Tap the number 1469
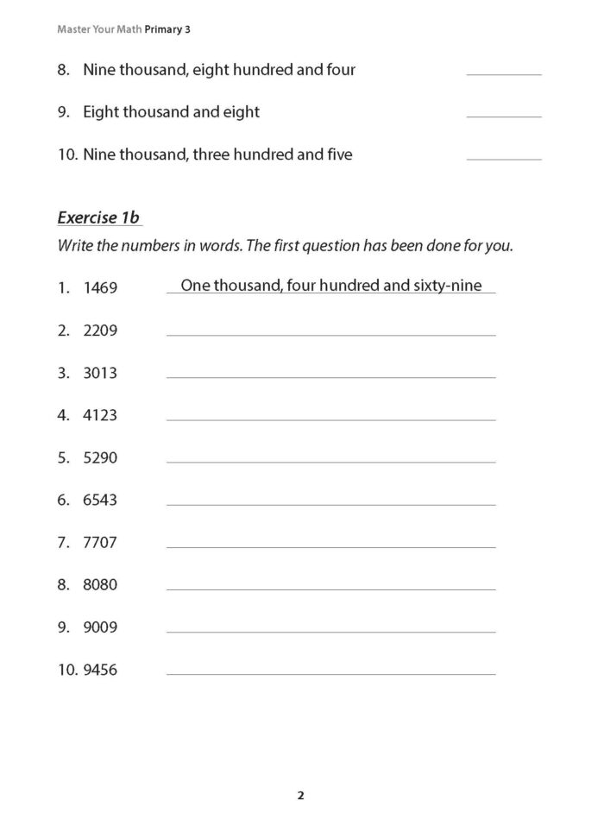(100, 288)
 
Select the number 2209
(100, 331)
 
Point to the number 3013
(100, 373)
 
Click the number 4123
(100, 415)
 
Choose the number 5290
(100, 457)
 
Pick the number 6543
(100, 500)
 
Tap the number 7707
(100, 542)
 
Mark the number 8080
(100, 584)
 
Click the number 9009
(100, 627)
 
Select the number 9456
(100, 670)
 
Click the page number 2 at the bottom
(300, 796)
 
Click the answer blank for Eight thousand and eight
(504, 114)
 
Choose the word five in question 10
(337, 154)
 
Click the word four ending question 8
(340, 69)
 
